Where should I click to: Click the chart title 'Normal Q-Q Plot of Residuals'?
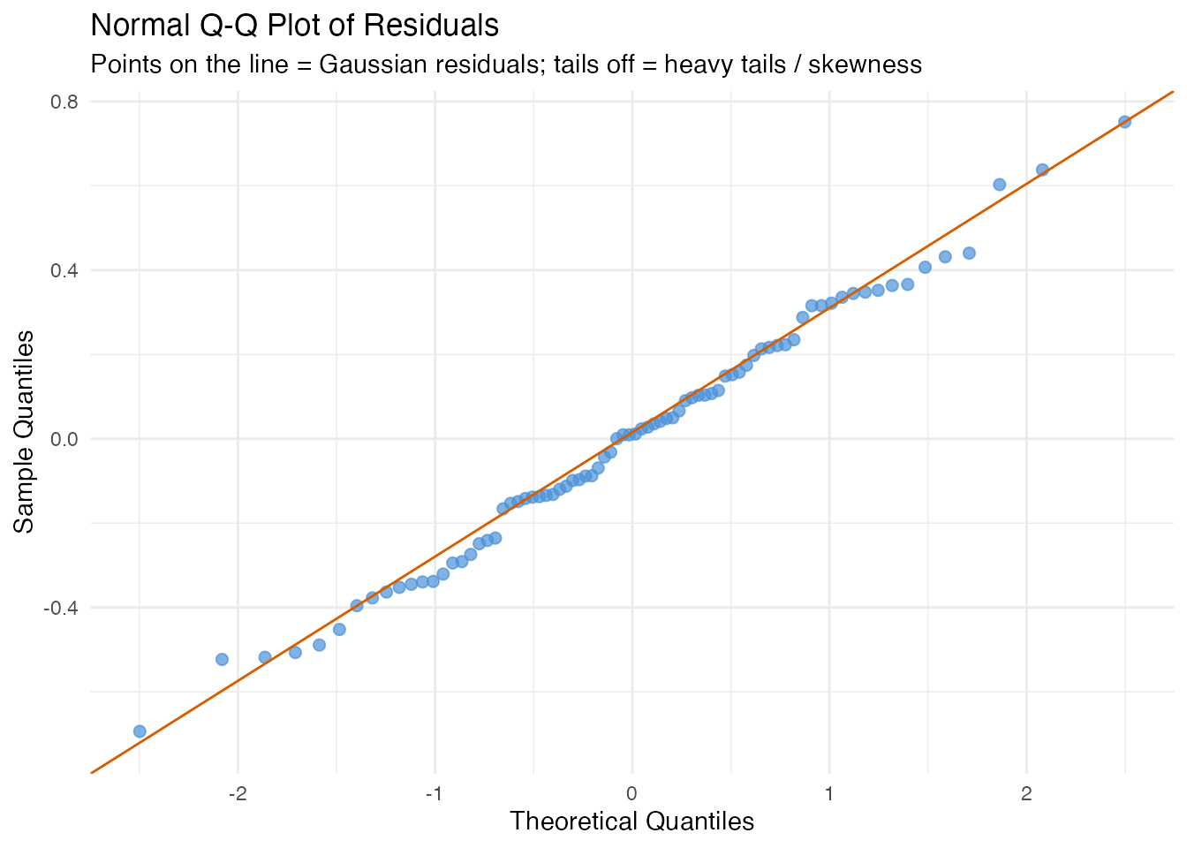(x=295, y=26)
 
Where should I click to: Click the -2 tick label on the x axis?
(x=237, y=792)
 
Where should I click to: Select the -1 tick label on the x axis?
(x=434, y=792)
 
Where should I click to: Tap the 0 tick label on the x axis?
(x=631, y=792)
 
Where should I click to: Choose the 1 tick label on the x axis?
(x=829, y=792)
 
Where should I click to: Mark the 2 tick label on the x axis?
(x=1026, y=792)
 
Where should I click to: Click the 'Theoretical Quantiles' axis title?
(x=631, y=821)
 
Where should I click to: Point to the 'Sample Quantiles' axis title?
(x=26, y=431)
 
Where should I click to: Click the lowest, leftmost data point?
(x=140, y=731)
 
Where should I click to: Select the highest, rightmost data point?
(x=1124, y=122)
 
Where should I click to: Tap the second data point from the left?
(x=222, y=659)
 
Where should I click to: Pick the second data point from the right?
(x=1042, y=170)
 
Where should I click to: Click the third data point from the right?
(x=1000, y=185)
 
